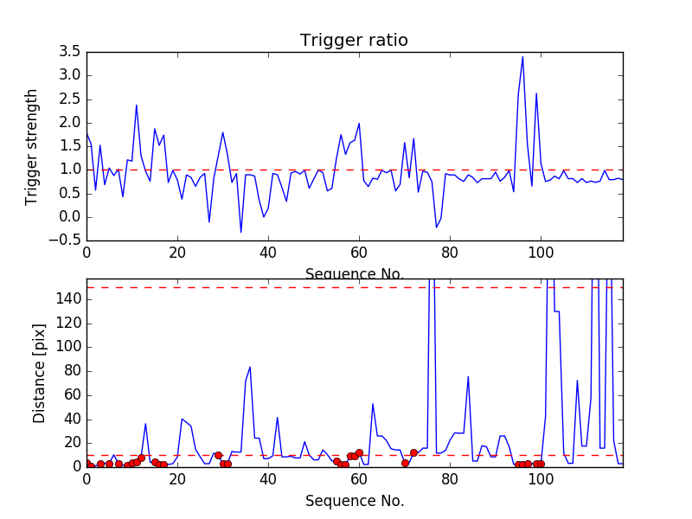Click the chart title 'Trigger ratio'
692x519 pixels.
[354, 41]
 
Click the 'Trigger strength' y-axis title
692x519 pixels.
[32, 146]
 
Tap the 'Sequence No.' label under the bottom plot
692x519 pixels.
[355, 501]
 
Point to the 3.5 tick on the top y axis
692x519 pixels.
[68, 52]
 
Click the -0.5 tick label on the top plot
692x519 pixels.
[66, 240]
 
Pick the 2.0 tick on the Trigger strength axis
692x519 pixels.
[68, 123]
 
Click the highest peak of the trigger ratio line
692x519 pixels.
[522, 57]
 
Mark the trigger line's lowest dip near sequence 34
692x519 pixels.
[240, 232]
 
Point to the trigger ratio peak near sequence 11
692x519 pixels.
[137, 106]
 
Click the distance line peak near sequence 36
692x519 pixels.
[250, 367]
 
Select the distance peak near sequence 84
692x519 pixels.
[468, 376]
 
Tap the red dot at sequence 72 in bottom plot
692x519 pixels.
[413, 452]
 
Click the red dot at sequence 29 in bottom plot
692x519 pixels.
[218, 455]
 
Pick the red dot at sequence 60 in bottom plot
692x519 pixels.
[359, 452]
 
